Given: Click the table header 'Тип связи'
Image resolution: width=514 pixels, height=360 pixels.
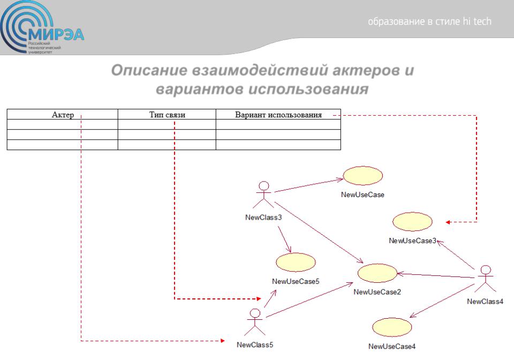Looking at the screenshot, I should (167, 114).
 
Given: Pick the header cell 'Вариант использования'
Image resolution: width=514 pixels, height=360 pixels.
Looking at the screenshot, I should (278, 114).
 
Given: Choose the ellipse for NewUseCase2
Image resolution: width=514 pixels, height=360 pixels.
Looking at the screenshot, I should (377, 273).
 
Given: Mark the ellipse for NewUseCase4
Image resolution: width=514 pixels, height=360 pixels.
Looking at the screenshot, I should (391, 327).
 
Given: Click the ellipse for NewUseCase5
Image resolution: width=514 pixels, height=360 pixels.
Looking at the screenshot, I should (296, 262).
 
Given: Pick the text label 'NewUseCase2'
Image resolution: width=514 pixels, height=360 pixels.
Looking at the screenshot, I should (377, 291).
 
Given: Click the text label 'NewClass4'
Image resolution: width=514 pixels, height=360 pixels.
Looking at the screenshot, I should (485, 301).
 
